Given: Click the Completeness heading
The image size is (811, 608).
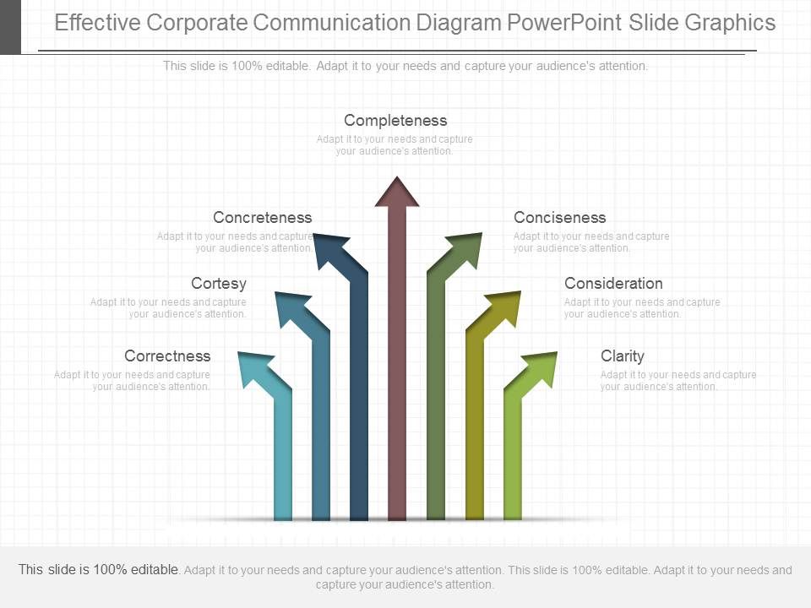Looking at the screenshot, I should tap(395, 121).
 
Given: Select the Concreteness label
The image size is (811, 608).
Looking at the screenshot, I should tap(262, 218).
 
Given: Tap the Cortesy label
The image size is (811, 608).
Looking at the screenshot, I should tap(219, 284).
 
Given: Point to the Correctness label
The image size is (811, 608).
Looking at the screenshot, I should tap(167, 356).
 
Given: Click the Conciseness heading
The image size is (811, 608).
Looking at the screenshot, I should tap(559, 218).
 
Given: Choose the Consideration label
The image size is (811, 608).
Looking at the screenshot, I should tap(613, 284).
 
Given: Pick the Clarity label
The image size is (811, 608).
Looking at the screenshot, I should tap(622, 356).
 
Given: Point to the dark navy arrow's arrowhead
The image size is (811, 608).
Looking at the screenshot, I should tap(335, 250).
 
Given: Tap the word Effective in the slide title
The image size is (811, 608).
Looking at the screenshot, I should tap(98, 23).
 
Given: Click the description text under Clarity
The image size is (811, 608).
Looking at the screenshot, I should tap(678, 381).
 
